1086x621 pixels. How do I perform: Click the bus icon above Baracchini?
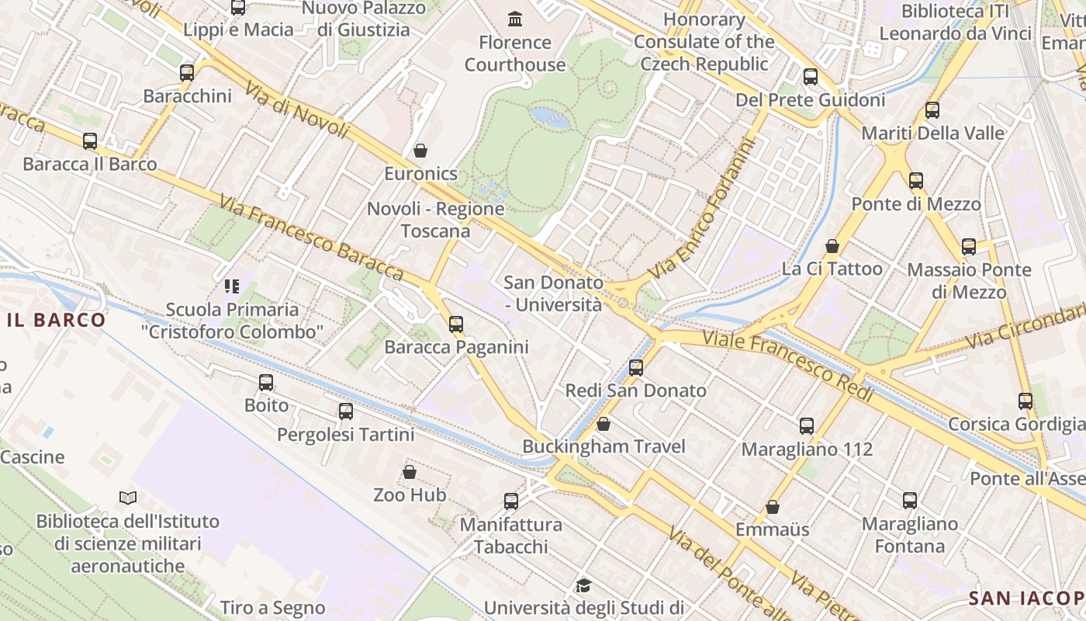(x=186, y=73)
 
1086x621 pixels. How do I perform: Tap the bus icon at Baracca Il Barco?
(x=90, y=141)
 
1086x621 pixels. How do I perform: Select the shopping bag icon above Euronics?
(x=420, y=150)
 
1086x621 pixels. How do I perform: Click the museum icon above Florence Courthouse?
(x=514, y=18)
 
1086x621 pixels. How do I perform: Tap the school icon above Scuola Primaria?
(x=231, y=286)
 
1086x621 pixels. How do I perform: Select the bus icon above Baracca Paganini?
(x=456, y=324)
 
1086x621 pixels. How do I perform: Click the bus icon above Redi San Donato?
(x=636, y=368)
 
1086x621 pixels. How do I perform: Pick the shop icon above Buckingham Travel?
(x=604, y=424)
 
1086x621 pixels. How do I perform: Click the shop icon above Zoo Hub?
(x=410, y=472)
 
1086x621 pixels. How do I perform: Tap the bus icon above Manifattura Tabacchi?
(x=510, y=501)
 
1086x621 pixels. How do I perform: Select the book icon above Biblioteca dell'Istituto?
(x=128, y=498)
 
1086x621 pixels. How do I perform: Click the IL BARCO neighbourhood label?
(x=56, y=320)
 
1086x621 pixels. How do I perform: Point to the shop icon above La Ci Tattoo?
(x=832, y=246)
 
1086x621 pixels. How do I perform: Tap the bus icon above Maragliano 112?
(x=807, y=426)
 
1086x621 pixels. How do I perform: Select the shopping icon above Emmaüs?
(x=773, y=507)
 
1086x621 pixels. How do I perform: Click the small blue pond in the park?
(x=548, y=116)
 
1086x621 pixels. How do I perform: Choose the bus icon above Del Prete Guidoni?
(x=811, y=77)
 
